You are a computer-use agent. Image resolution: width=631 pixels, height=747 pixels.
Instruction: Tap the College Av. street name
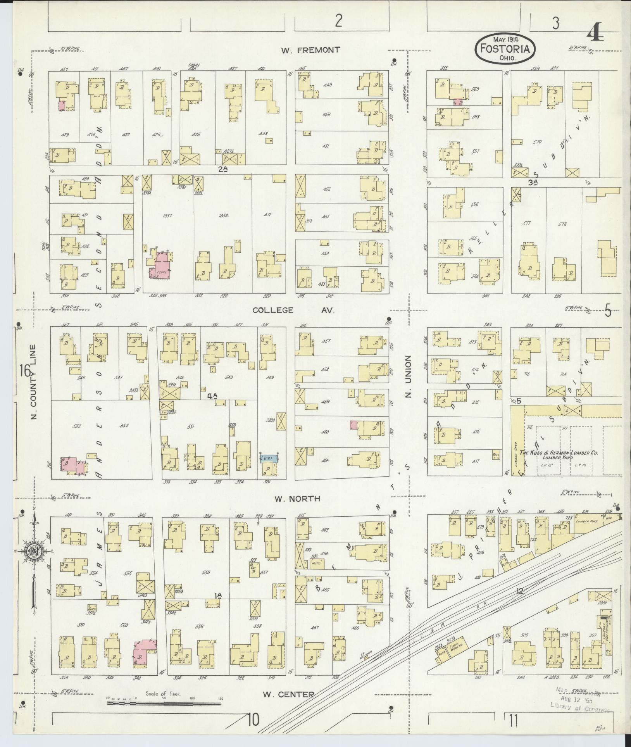click(x=293, y=310)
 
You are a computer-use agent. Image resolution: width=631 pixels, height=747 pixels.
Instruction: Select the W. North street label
click(x=298, y=499)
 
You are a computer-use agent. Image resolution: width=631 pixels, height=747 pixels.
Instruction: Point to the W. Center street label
click(x=288, y=694)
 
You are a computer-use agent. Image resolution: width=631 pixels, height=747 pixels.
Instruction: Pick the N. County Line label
click(x=34, y=382)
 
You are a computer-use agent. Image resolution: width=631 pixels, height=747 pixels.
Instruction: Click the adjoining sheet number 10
click(x=253, y=720)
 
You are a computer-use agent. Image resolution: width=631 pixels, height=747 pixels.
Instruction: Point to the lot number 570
click(x=537, y=142)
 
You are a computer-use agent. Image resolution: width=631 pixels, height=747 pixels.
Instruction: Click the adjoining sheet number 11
click(x=514, y=721)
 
